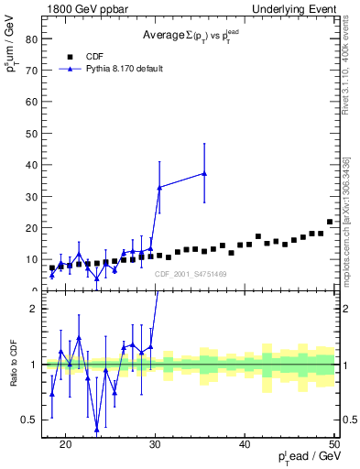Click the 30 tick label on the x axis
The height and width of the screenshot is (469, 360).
click(x=155, y=445)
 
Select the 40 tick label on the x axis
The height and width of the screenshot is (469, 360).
click(x=245, y=445)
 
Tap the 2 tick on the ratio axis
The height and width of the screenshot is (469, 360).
click(x=34, y=309)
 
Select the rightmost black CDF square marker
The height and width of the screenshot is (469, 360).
click(x=330, y=222)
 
